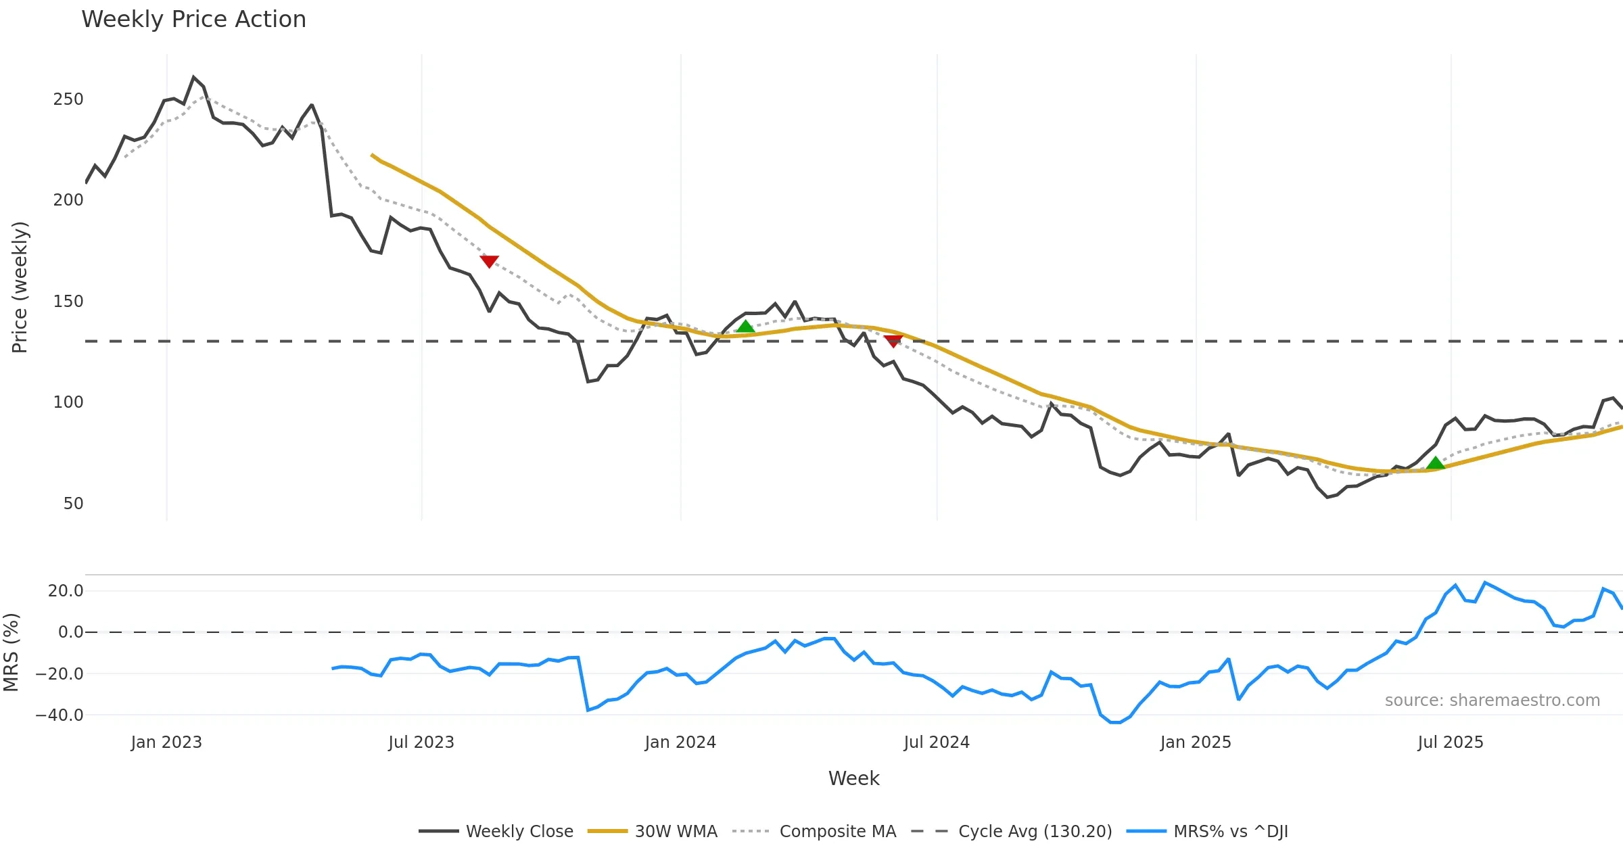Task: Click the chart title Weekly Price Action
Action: point(193,20)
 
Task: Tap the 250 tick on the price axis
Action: point(68,99)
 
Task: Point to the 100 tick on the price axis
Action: point(68,402)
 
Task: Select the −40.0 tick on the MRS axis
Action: point(60,715)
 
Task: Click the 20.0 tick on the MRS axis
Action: point(66,591)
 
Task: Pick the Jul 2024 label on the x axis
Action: point(937,742)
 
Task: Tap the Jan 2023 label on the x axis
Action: point(166,742)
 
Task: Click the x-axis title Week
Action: point(853,779)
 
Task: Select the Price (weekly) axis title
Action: point(20,287)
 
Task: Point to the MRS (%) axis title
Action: point(11,653)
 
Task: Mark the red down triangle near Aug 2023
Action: point(489,261)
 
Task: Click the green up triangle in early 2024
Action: point(745,327)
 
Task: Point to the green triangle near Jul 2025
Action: point(1435,463)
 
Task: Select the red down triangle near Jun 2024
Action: point(893,341)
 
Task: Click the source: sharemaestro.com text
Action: point(1492,701)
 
